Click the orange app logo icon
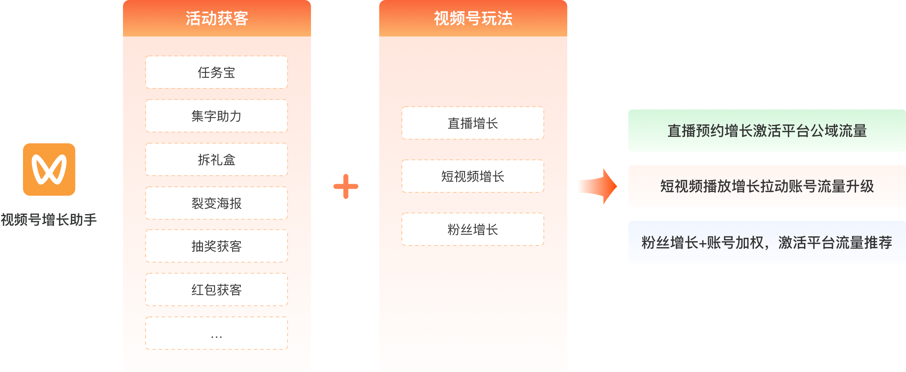pos(49,169)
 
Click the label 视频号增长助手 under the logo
pos(49,220)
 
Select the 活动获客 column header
pos(217,19)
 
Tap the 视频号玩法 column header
pos(473,19)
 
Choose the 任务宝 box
pos(217,73)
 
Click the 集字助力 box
pos(217,116)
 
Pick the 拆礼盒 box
pos(217,160)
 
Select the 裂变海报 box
pos(217,203)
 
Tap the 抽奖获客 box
pos(217,246)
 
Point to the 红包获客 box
pos(217,290)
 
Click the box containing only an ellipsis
pos(217,334)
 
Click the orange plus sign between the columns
pos(346,186)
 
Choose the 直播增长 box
pos(473,123)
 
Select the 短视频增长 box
pos(473,176)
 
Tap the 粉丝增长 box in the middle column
pos(473,230)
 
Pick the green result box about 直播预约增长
pos(767,131)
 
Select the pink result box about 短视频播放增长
pos(767,186)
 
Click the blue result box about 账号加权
pos(767,242)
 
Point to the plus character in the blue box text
pos(703,243)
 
